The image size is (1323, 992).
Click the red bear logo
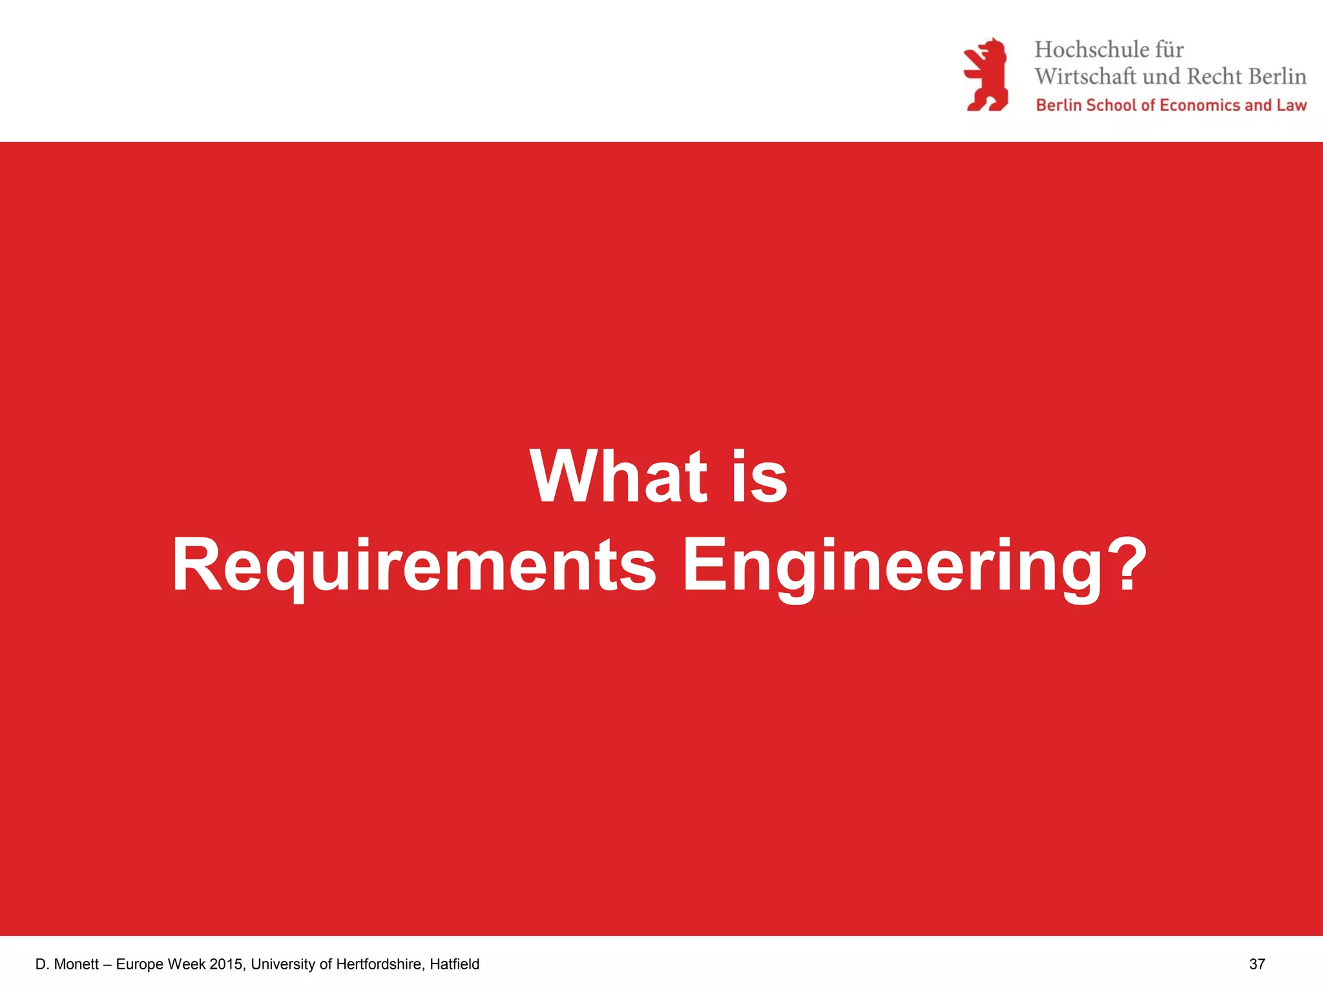tap(986, 75)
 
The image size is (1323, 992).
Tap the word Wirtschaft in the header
tap(1085, 77)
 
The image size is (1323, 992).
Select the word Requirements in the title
tap(413, 566)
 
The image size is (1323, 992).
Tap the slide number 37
tap(1257, 964)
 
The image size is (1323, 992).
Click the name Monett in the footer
tap(76, 964)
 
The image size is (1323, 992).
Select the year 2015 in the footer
tap(226, 964)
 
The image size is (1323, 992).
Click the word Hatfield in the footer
tap(455, 964)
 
